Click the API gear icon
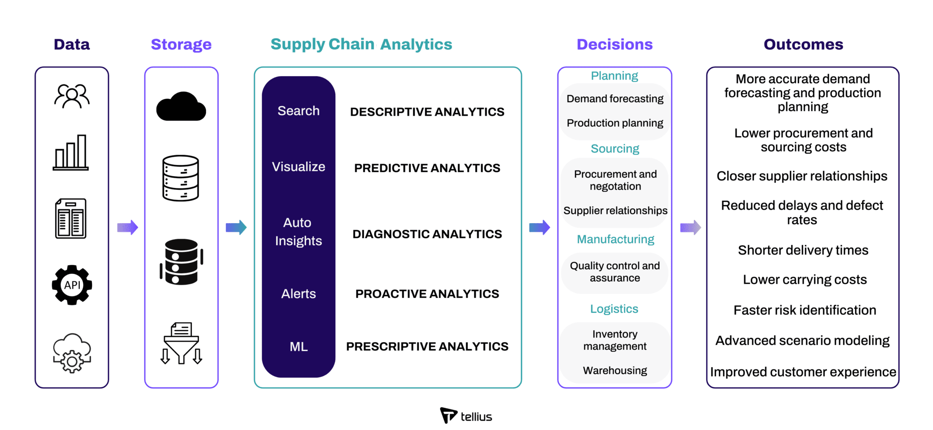72,285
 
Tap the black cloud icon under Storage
181,107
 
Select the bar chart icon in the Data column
71,153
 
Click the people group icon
72,96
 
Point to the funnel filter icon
181,343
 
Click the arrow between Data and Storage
128,227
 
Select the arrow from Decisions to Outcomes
691,227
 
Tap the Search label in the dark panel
298,111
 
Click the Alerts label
298,294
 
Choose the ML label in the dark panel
298,347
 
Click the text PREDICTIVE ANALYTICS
427,168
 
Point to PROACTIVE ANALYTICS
427,294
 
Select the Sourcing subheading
615,149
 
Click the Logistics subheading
614,309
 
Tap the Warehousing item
615,370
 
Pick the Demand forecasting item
615,99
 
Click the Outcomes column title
803,44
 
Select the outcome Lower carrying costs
805,280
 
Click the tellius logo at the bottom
466,415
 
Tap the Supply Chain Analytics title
361,44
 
